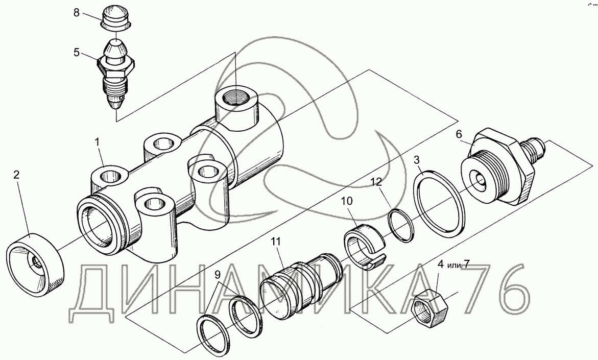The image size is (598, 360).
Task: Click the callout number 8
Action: pyautogui.click(x=77, y=13)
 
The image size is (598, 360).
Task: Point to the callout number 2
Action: pyautogui.click(x=16, y=175)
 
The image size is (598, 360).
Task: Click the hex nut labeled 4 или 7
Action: pyautogui.click(x=429, y=310)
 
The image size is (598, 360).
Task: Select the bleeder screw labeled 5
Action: pyautogui.click(x=116, y=74)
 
